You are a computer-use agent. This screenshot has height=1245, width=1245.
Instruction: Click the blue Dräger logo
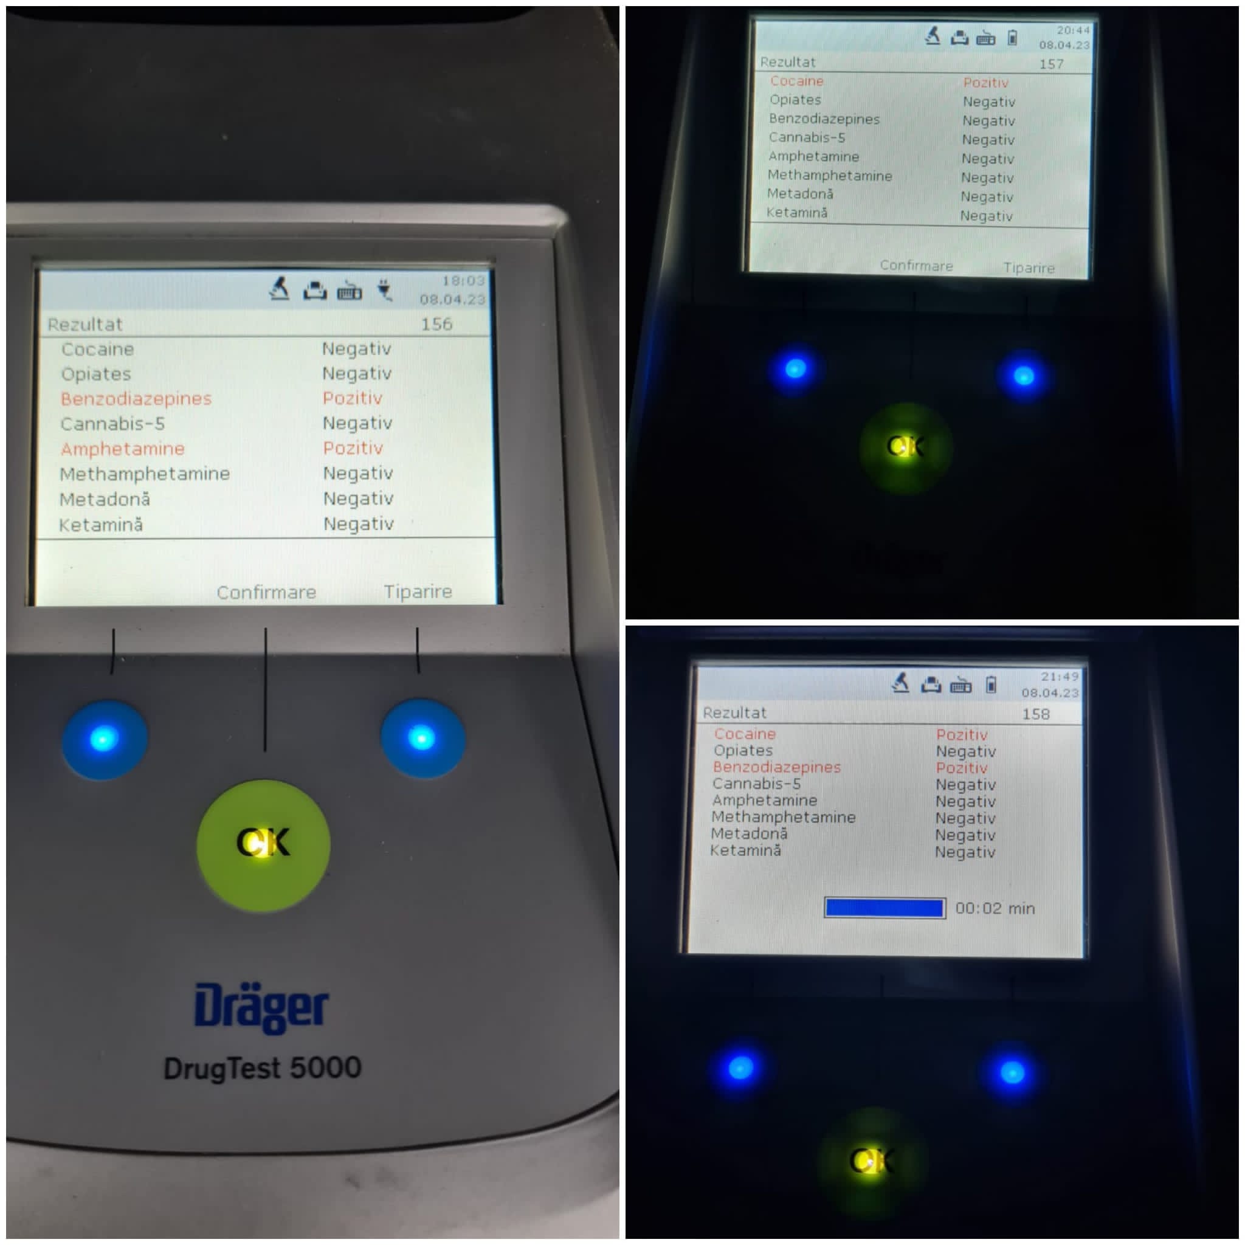coord(261,1007)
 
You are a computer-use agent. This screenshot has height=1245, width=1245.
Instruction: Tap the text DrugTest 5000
coord(262,1069)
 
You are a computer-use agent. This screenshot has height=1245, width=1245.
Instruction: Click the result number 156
coord(436,324)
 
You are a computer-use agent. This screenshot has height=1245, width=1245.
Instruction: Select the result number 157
coord(1051,64)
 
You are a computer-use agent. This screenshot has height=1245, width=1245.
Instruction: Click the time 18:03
coord(463,280)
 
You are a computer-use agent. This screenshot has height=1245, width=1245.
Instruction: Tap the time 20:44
coord(1073,30)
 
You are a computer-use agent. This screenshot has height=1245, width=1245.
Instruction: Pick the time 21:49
coord(1060,677)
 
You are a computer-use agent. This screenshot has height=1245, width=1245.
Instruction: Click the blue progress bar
coord(885,908)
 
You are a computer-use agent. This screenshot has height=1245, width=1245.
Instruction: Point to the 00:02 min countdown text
coord(995,909)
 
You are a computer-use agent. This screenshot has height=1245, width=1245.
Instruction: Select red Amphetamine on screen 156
coord(122,449)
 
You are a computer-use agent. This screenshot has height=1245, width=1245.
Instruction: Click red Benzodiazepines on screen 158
coord(776,768)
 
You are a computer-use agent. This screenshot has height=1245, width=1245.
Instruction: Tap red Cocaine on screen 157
coord(796,81)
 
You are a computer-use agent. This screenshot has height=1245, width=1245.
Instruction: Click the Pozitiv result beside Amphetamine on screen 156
coord(353,448)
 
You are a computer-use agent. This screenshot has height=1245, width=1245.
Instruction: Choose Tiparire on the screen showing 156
coord(418,591)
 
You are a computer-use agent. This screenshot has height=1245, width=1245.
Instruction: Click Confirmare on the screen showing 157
coord(916,266)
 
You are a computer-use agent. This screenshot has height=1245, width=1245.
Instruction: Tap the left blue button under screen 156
coord(105,739)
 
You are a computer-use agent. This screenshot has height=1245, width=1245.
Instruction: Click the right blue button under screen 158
coord(1012,1072)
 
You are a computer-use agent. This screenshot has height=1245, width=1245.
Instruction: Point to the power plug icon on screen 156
coord(385,290)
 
